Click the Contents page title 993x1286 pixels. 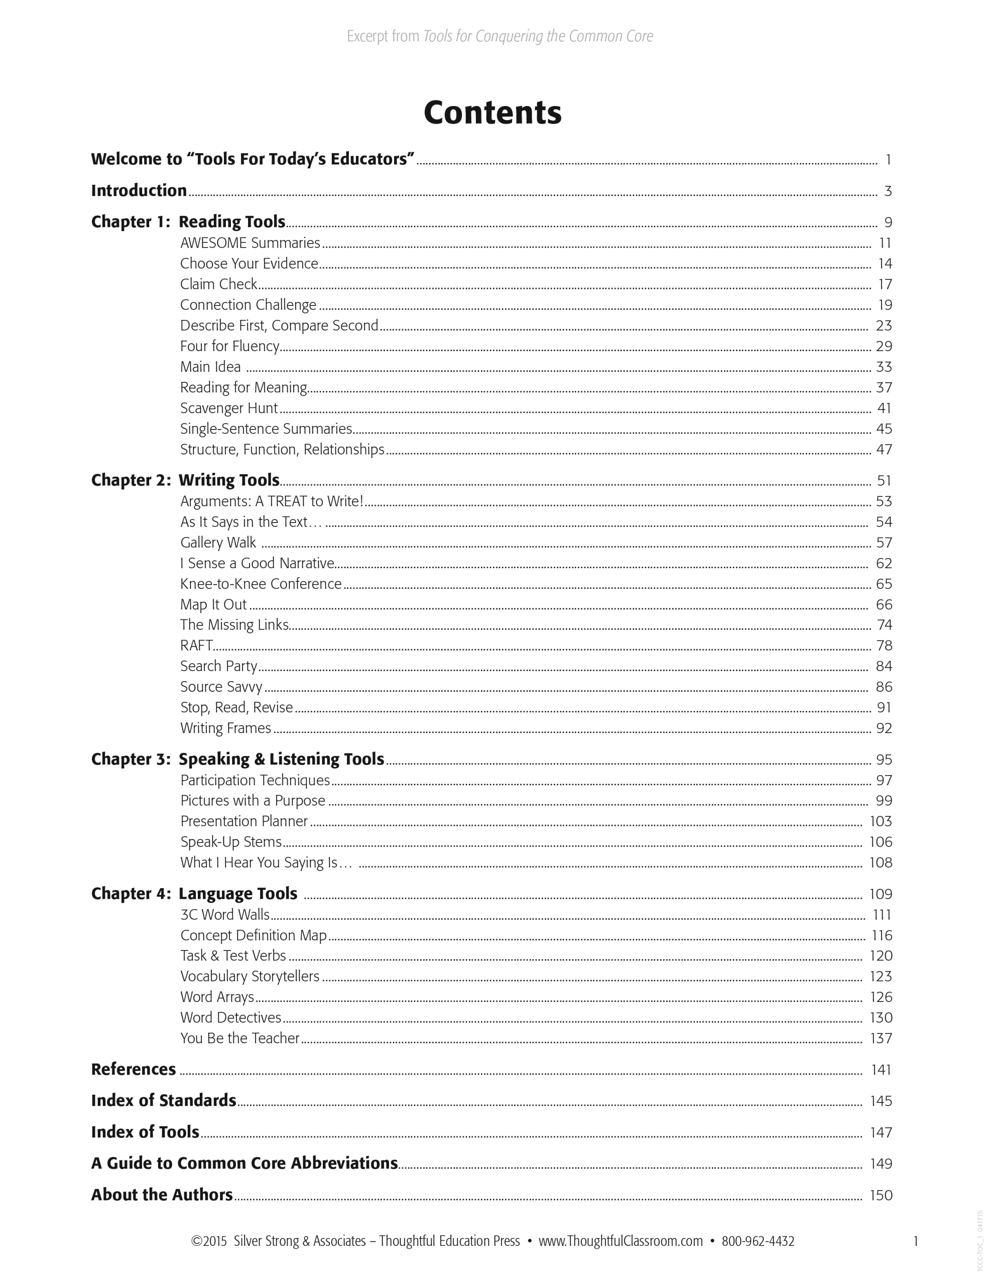[x=492, y=112]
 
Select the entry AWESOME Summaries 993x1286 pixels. [x=250, y=243]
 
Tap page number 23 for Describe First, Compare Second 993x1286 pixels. [x=884, y=326]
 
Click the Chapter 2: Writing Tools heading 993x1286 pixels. [x=185, y=480]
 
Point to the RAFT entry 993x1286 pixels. [x=196, y=646]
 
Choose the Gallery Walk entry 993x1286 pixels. [x=218, y=543]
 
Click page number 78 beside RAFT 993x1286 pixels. [x=884, y=646]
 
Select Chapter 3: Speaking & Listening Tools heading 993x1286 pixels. [x=238, y=759]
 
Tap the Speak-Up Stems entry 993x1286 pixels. [x=231, y=841]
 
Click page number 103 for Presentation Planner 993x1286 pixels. [x=881, y=821]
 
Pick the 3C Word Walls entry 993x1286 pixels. [x=225, y=914]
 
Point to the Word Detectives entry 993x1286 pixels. [x=231, y=1017]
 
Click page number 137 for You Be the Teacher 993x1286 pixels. [x=881, y=1038]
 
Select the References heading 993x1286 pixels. [x=134, y=1069]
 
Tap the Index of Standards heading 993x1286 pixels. [x=164, y=1101]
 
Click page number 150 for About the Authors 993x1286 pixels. [x=881, y=1195]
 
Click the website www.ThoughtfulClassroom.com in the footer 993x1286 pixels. [x=620, y=1241]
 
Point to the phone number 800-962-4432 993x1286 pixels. [x=758, y=1241]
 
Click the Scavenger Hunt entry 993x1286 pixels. [x=229, y=408]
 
